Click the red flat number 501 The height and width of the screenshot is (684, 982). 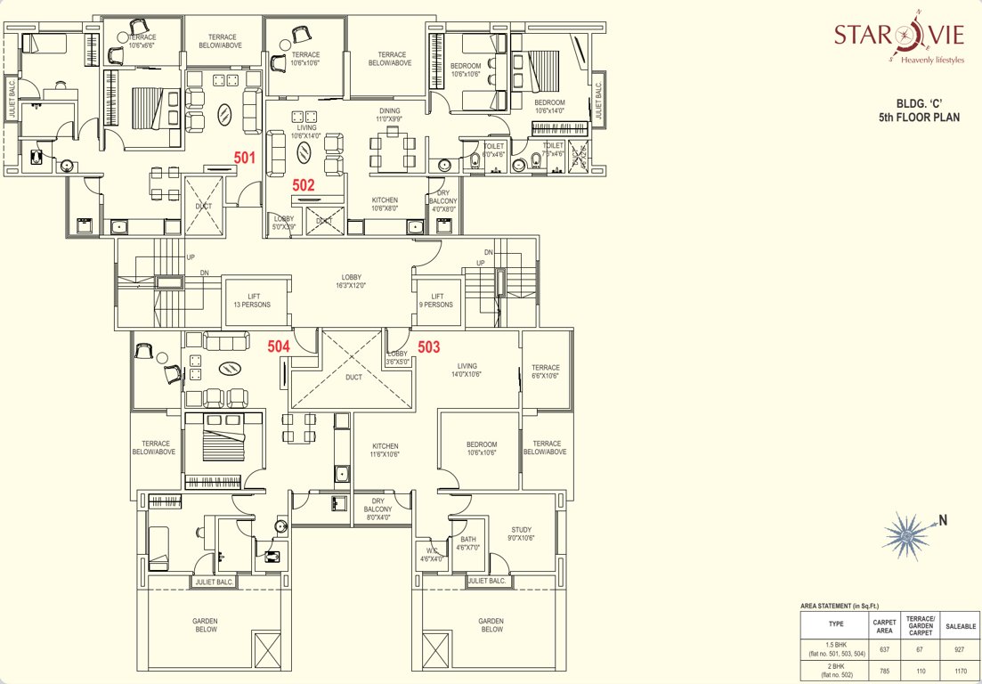tap(245, 158)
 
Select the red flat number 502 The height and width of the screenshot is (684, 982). tap(304, 185)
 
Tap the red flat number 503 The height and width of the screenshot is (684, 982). tap(429, 347)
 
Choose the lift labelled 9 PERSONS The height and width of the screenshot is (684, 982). tap(437, 300)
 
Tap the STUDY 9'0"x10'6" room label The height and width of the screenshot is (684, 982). tap(521, 533)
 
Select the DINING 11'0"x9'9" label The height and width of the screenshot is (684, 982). tap(389, 114)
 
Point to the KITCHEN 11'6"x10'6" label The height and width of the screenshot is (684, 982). tap(385, 450)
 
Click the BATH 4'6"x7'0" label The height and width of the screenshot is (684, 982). tap(467, 543)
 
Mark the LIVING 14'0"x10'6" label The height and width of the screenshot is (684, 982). tap(467, 370)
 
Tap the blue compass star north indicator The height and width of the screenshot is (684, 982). tap(905, 533)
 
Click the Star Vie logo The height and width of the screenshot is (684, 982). tap(898, 41)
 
